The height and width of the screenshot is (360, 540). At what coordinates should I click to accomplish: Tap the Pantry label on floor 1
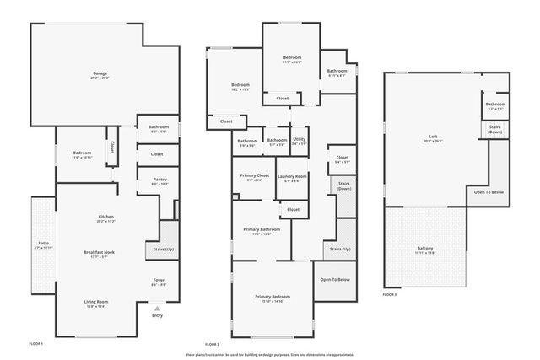click(x=159, y=180)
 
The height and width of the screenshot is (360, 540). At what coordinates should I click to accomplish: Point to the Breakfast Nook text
click(x=100, y=254)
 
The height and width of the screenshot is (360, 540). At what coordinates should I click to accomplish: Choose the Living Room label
click(x=95, y=304)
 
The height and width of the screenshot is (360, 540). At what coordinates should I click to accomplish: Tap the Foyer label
click(x=159, y=282)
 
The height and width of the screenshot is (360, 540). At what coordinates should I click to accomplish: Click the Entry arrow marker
click(x=158, y=309)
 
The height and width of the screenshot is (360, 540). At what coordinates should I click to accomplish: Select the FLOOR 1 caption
click(x=35, y=344)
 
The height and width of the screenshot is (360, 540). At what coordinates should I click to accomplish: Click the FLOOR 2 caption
click(x=212, y=344)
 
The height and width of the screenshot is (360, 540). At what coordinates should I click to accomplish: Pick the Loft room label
click(x=434, y=138)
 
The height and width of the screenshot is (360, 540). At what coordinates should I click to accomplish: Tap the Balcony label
click(x=425, y=250)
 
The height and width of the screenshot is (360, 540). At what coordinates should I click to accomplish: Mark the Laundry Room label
click(x=293, y=177)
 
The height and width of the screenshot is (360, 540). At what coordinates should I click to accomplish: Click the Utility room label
click(x=299, y=140)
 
